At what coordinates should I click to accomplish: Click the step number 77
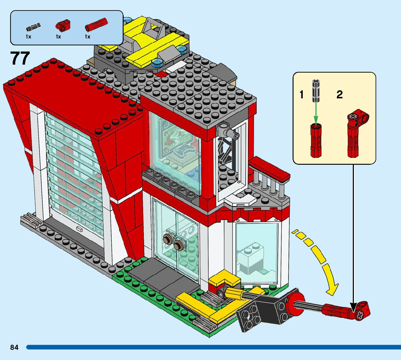20,58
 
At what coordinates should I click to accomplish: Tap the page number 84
14,348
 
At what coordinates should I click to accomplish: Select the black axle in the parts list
33,26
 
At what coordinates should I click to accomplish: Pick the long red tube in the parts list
96,25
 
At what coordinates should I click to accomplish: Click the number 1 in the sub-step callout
301,95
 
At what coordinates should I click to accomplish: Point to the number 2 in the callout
339,95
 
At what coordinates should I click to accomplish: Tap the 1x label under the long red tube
87,37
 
